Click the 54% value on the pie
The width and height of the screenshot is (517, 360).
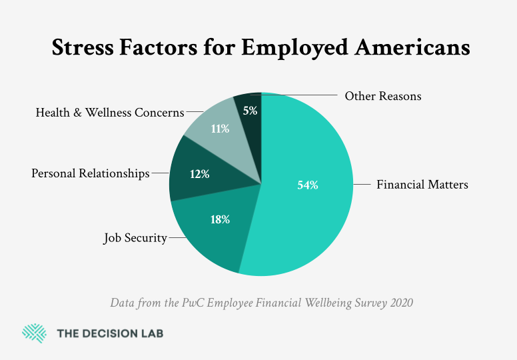coord(307,185)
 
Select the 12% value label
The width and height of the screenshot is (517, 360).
coord(199,174)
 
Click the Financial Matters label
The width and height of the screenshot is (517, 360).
coord(422,185)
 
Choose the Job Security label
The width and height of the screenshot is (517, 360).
coord(135,237)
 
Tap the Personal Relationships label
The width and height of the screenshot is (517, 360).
coord(91,173)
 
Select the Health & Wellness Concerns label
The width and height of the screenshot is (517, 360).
coord(109,113)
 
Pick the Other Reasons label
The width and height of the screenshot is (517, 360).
coord(382,96)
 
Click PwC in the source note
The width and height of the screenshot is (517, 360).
coord(199,303)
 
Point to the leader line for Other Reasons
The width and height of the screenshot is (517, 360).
coord(300,96)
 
